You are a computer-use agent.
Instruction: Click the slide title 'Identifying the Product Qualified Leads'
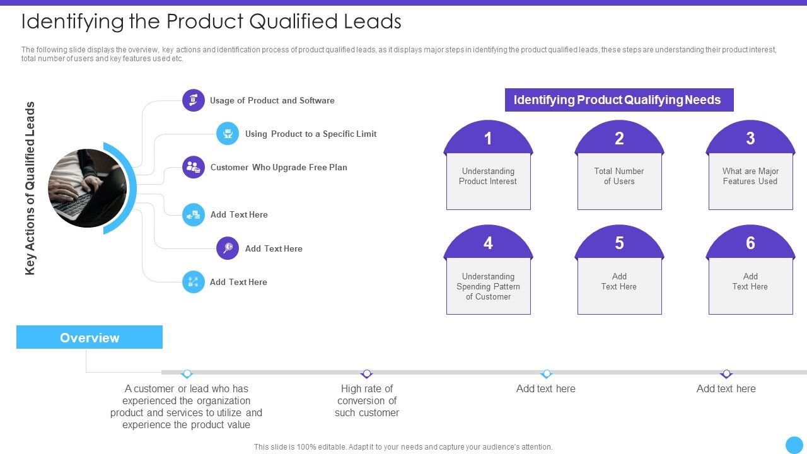click(x=211, y=21)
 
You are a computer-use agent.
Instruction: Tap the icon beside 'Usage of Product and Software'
click(x=194, y=100)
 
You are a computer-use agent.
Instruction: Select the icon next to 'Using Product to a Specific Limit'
click(x=228, y=134)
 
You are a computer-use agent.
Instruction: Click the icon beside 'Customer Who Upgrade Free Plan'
click(x=194, y=167)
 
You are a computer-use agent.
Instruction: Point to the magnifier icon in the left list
click(x=228, y=248)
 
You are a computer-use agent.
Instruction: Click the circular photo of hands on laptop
click(x=88, y=188)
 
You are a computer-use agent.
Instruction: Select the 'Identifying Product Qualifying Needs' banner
click(x=618, y=100)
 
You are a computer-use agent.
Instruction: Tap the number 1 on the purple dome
click(x=488, y=139)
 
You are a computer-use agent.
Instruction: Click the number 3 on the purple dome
click(x=750, y=139)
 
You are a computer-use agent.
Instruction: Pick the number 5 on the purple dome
click(x=619, y=243)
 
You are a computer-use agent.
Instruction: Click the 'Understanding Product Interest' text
click(x=488, y=177)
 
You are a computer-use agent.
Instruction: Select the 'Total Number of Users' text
click(x=619, y=177)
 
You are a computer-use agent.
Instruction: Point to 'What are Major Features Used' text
click(x=750, y=177)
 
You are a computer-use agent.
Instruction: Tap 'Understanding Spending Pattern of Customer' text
click(x=488, y=286)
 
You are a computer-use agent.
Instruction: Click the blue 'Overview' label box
click(x=90, y=337)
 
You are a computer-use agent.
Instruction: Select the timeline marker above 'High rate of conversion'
click(x=367, y=374)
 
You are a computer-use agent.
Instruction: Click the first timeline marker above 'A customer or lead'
click(x=187, y=374)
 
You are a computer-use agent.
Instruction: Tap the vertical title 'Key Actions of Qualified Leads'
click(x=30, y=188)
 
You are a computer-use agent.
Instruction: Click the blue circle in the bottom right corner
click(x=794, y=445)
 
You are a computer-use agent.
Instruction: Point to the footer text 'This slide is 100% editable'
click(x=403, y=446)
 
